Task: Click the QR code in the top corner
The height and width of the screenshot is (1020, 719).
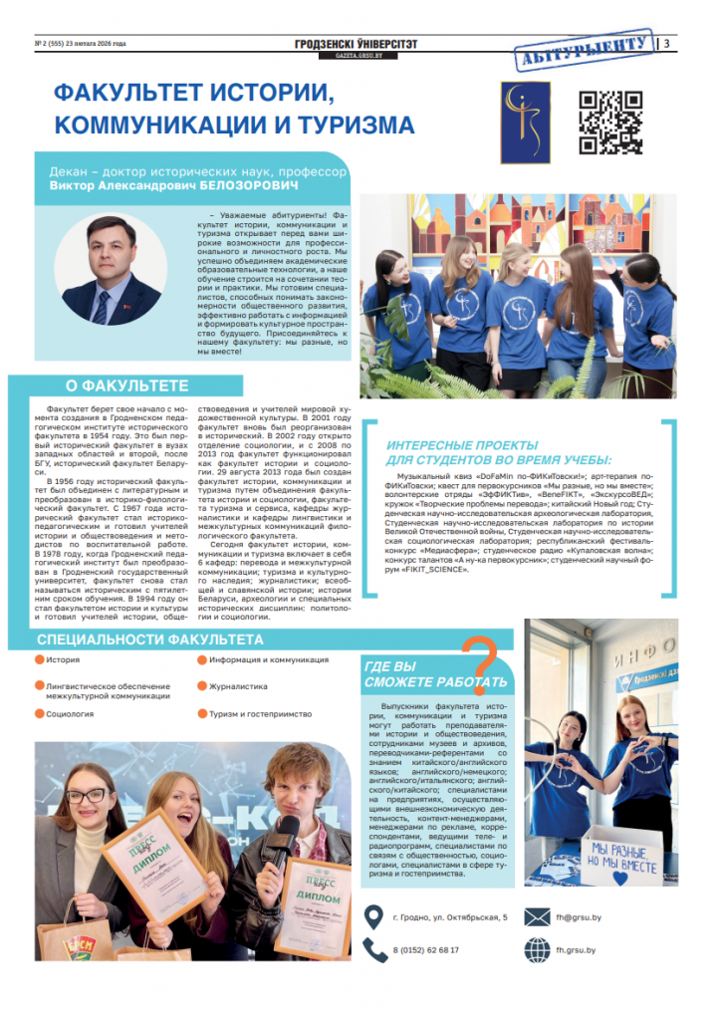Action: (610, 123)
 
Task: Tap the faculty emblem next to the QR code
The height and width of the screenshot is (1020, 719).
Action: (525, 123)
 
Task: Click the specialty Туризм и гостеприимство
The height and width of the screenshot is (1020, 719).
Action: (260, 714)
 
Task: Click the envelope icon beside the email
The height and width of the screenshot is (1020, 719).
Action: (538, 916)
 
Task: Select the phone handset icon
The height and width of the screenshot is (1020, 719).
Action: (374, 949)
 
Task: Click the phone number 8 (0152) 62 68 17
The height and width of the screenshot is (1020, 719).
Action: (425, 949)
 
